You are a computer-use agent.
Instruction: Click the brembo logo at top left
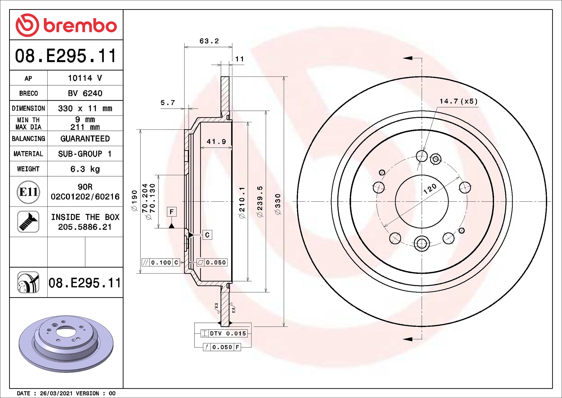coord(66,25)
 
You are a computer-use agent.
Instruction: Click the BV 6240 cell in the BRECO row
coord(85,93)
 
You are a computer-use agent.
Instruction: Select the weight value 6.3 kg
coord(85,169)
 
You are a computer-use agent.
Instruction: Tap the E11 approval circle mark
coord(28,192)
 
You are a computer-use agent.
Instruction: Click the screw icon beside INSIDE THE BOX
coord(28,221)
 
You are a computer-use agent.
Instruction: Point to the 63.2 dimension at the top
coord(209,41)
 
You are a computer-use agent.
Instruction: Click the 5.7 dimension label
coord(167,103)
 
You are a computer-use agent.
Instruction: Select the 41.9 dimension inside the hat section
coord(216,141)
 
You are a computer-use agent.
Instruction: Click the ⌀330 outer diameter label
coord(278,204)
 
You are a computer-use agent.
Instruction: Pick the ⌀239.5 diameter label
coord(260,201)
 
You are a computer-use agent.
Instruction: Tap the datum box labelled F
coord(171,212)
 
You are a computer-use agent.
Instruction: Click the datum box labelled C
coord(207,235)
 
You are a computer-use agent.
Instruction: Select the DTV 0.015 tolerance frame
coord(224,333)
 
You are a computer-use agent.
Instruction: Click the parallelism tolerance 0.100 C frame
coord(161,262)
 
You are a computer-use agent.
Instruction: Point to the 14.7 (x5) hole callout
coord(458,101)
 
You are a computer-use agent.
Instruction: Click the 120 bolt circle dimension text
coord(430,189)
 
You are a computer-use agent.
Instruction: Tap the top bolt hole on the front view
coord(421,156)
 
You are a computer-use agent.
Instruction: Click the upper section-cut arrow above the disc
coord(408,58)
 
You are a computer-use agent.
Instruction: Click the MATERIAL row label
coord(28,154)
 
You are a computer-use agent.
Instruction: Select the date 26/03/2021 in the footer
coord(56,393)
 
